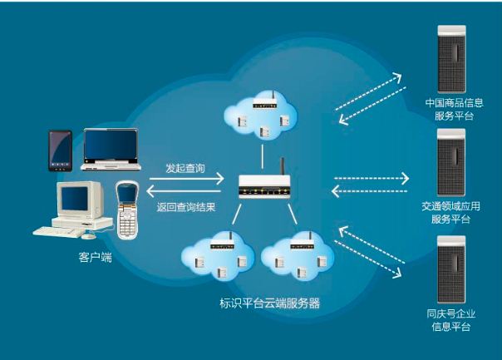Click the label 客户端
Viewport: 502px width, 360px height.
coord(91,259)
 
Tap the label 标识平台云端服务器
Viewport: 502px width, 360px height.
coord(263,303)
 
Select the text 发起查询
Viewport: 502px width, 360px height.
coord(185,166)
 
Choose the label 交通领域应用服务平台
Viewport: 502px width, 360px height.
coord(451,212)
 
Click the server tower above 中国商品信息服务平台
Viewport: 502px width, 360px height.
coord(452,57)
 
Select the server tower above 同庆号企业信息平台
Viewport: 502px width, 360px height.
coord(452,266)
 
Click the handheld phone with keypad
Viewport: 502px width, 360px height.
coord(127,209)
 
